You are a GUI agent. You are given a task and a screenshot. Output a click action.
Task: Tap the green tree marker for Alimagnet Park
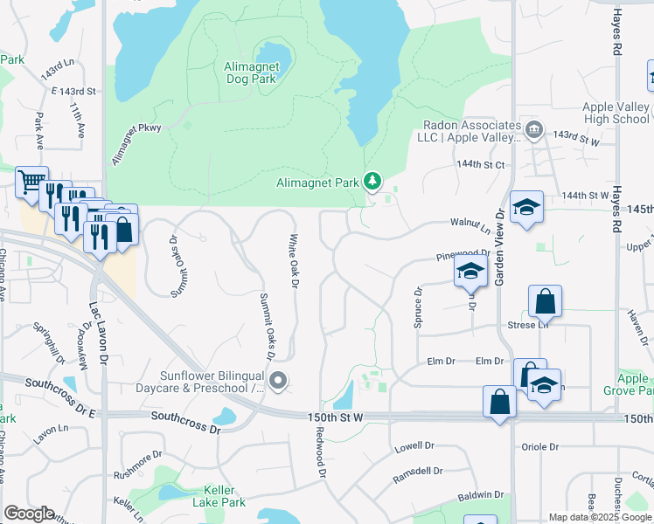point(373,182)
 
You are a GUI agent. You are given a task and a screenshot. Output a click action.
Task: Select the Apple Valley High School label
point(616,113)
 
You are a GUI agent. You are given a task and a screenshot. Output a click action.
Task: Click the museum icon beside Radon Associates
point(534,131)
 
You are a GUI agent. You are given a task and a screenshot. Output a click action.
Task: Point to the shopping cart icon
point(31,182)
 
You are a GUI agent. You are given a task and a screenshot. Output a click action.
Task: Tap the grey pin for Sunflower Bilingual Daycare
point(279,380)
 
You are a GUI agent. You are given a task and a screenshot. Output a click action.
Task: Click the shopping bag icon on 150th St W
point(499,403)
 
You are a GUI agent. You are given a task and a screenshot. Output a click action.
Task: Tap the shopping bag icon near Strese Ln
point(545,302)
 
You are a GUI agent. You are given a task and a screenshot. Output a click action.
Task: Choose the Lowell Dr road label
point(414,446)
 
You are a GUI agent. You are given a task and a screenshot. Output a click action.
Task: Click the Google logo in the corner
point(29,514)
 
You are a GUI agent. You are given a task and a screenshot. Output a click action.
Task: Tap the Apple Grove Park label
point(634,384)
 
